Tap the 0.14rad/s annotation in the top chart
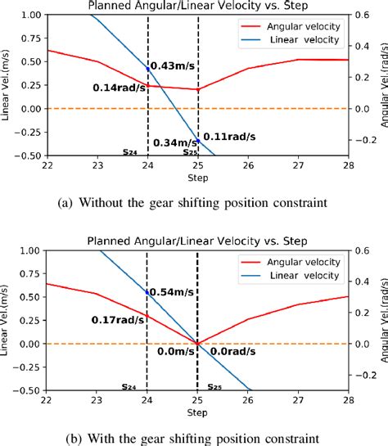point(120,88)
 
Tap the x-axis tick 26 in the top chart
point(250,164)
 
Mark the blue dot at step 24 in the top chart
point(148,69)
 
